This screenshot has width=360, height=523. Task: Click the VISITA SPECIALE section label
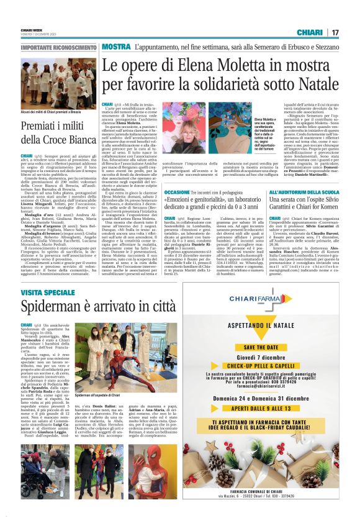click(48, 292)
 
